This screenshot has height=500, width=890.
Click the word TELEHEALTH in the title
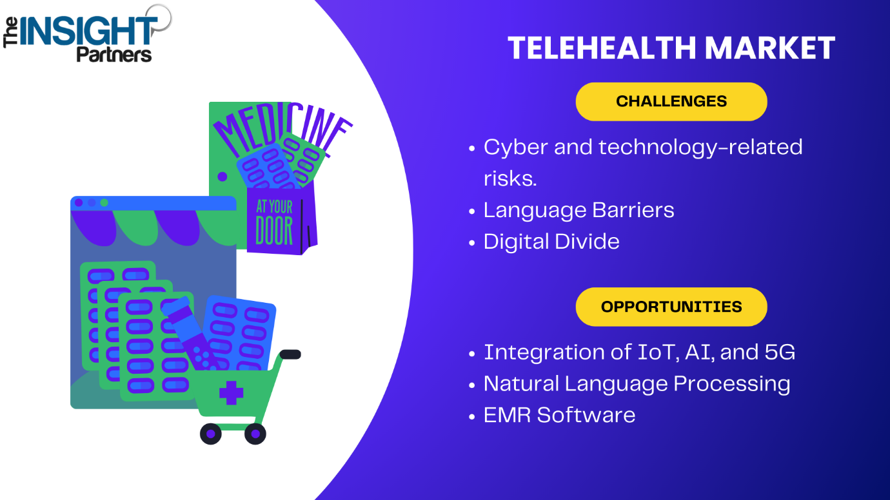click(602, 48)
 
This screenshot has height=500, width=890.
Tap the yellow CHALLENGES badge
click(671, 102)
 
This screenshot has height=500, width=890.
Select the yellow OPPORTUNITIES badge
click(671, 307)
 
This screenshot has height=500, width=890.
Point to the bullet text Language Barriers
click(579, 211)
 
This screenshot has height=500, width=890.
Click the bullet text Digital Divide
click(551, 241)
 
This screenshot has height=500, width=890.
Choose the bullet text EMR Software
click(559, 415)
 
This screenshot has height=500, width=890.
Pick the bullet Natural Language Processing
click(637, 384)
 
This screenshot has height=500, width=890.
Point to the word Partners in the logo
click(114, 54)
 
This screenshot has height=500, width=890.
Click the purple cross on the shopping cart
click(232, 393)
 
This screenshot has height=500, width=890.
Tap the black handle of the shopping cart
click(290, 354)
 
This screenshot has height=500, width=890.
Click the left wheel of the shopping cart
click(211, 434)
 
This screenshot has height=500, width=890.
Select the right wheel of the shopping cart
click(255, 434)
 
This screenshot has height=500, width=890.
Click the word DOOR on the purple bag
click(274, 231)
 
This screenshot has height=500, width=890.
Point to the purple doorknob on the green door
click(222, 177)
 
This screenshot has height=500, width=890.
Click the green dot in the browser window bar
click(104, 203)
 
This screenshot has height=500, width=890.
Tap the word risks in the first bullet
click(510, 178)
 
